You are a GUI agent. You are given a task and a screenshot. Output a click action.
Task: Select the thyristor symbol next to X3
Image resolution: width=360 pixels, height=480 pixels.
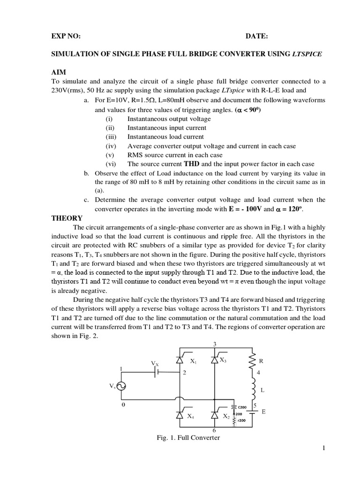pyautogui.click(x=215, y=360)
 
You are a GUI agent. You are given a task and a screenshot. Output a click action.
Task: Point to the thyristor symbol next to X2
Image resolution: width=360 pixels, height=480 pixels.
pyautogui.click(x=215, y=415)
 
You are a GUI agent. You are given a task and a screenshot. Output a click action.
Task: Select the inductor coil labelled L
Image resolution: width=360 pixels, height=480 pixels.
pyautogui.click(x=253, y=389)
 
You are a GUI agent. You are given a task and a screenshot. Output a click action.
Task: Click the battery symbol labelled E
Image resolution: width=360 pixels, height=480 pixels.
pyautogui.click(x=253, y=412)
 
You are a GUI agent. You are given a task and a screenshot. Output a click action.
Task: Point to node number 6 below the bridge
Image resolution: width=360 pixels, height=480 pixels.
pyautogui.click(x=215, y=430)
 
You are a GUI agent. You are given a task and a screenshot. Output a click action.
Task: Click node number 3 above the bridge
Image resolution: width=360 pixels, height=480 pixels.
pyautogui.click(x=215, y=344)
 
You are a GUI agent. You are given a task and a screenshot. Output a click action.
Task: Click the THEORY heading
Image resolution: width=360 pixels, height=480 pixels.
pyautogui.click(x=67, y=218)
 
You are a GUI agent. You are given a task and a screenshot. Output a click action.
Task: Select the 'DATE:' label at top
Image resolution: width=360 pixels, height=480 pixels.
pyautogui.click(x=257, y=37)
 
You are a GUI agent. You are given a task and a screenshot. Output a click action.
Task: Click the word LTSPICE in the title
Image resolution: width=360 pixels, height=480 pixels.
pyautogui.click(x=307, y=54)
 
